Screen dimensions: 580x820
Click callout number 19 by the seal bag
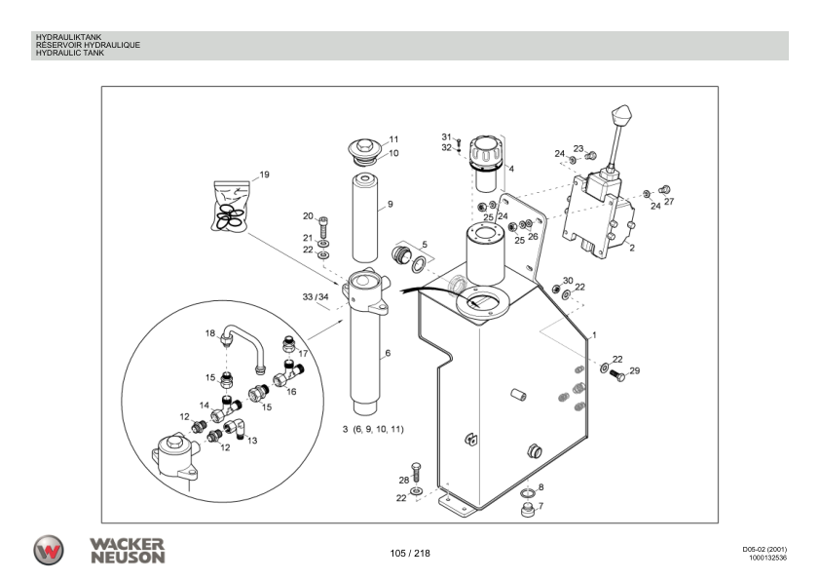point(265,175)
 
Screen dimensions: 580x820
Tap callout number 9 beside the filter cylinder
point(390,205)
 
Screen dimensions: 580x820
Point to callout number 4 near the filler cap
point(511,169)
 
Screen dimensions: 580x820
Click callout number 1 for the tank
point(593,335)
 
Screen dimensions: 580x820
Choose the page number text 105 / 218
point(409,554)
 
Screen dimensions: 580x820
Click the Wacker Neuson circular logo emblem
point(50,551)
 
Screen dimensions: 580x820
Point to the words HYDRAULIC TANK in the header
point(69,53)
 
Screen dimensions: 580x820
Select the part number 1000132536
point(767,559)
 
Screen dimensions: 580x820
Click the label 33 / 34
point(316,296)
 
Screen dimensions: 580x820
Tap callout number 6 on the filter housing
point(387,353)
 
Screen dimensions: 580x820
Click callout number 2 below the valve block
point(632,248)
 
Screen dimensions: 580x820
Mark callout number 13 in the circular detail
point(252,441)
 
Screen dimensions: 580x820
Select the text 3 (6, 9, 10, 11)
point(373,429)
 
